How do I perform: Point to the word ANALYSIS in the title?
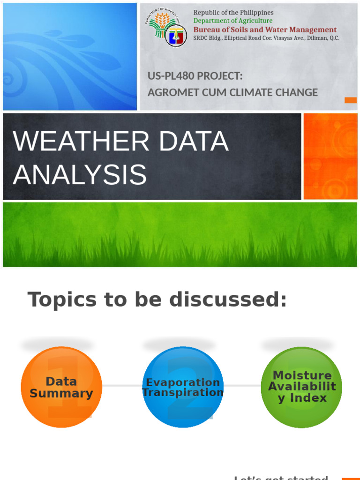click(x=80, y=174)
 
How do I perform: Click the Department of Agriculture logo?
click(x=165, y=28)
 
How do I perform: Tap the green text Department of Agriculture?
click(x=232, y=21)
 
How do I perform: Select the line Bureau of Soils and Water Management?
click(x=265, y=30)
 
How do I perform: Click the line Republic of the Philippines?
click(x=233, y=13)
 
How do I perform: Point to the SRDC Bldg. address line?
click(x=266, y=38)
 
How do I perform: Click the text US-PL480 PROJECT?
click(x=195, y=76)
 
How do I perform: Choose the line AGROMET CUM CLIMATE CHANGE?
click(x=232, y=92)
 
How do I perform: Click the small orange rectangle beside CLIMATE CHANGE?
click(x=350, y=100)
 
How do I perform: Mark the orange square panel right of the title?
click(x=330, y=156)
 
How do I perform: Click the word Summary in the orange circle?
click(x=61, y=393)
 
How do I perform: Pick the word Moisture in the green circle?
click(x=302, y=375)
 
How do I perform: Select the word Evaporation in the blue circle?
click(x=183, y=382)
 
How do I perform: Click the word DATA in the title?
click(x=193, y=142)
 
